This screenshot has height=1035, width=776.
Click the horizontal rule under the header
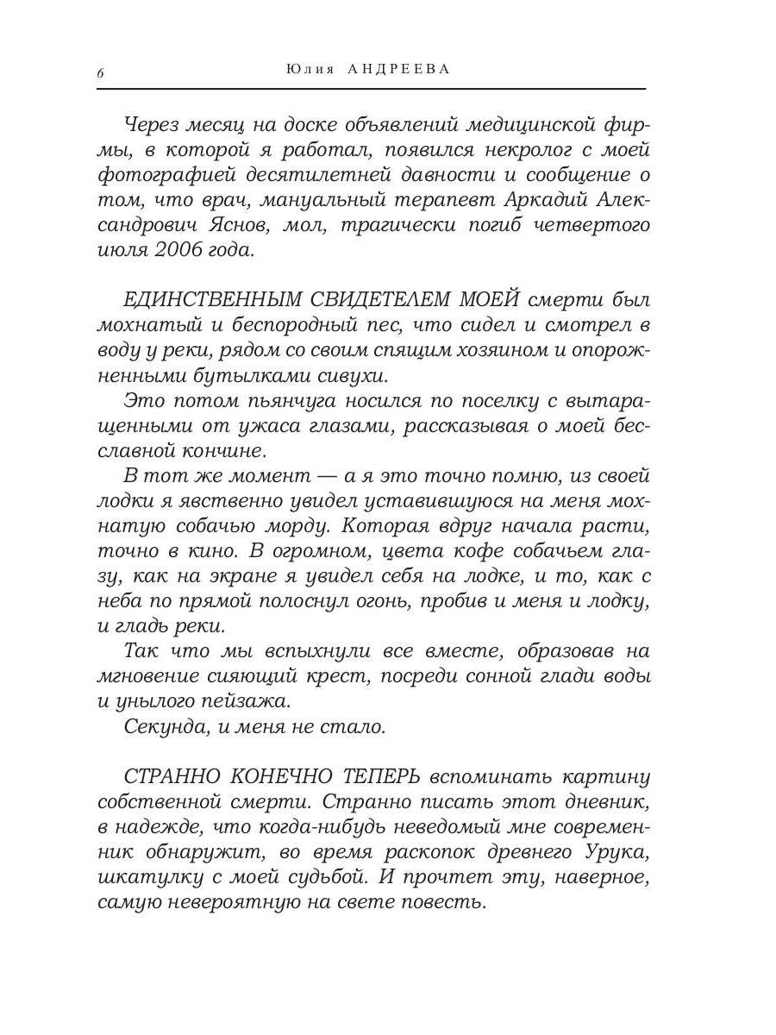371,89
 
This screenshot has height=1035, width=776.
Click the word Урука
607,853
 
